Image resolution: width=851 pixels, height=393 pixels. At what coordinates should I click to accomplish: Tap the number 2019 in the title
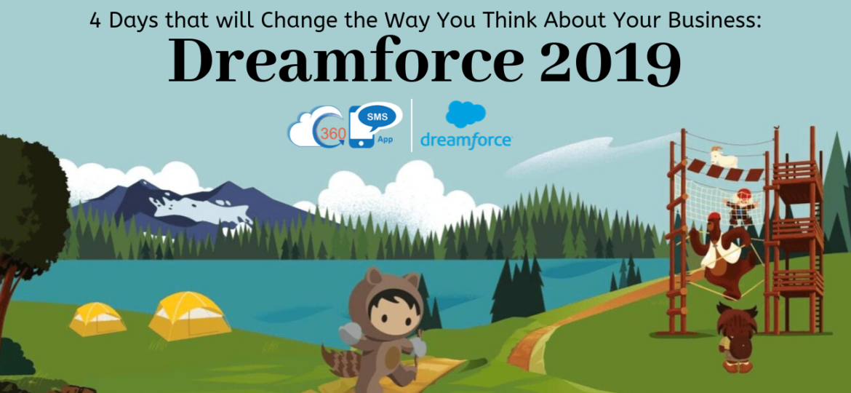(610, 61)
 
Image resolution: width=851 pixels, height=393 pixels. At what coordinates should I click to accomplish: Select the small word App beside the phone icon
(385, 140)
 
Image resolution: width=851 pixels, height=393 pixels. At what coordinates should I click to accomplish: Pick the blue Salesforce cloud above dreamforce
(465, 114)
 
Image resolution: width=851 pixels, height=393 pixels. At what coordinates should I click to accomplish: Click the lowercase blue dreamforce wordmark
(466, 140)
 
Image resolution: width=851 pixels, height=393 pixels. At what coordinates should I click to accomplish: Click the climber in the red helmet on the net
(740, 206)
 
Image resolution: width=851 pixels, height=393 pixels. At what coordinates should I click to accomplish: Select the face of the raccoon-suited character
(384, 308)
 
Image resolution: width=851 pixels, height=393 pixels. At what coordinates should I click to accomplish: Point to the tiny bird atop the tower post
(776, 127)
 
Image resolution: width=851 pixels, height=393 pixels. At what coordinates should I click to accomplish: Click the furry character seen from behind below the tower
(737, 336)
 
